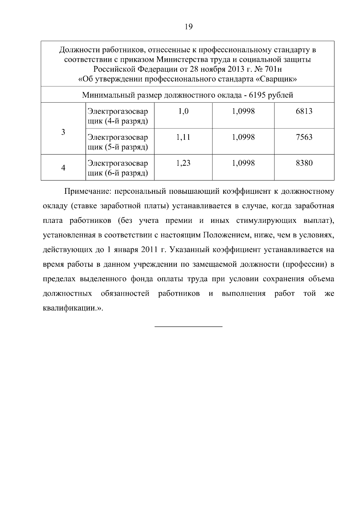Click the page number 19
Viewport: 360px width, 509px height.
click(x=189, y=27)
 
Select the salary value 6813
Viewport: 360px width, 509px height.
click(x=304, y=111)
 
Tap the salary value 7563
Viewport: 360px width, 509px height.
click(x=304, y=137)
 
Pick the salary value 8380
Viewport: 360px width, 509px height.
click(x=304, y=163)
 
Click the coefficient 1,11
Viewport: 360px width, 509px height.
click(x=183, y=137)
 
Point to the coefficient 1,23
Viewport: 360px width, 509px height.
click(x=183, y=163)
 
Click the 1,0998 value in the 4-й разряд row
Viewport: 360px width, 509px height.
click(x=243, y=111)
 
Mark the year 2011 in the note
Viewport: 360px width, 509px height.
click(x=149, y=250)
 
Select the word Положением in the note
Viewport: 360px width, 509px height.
click(x=227, y=235)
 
